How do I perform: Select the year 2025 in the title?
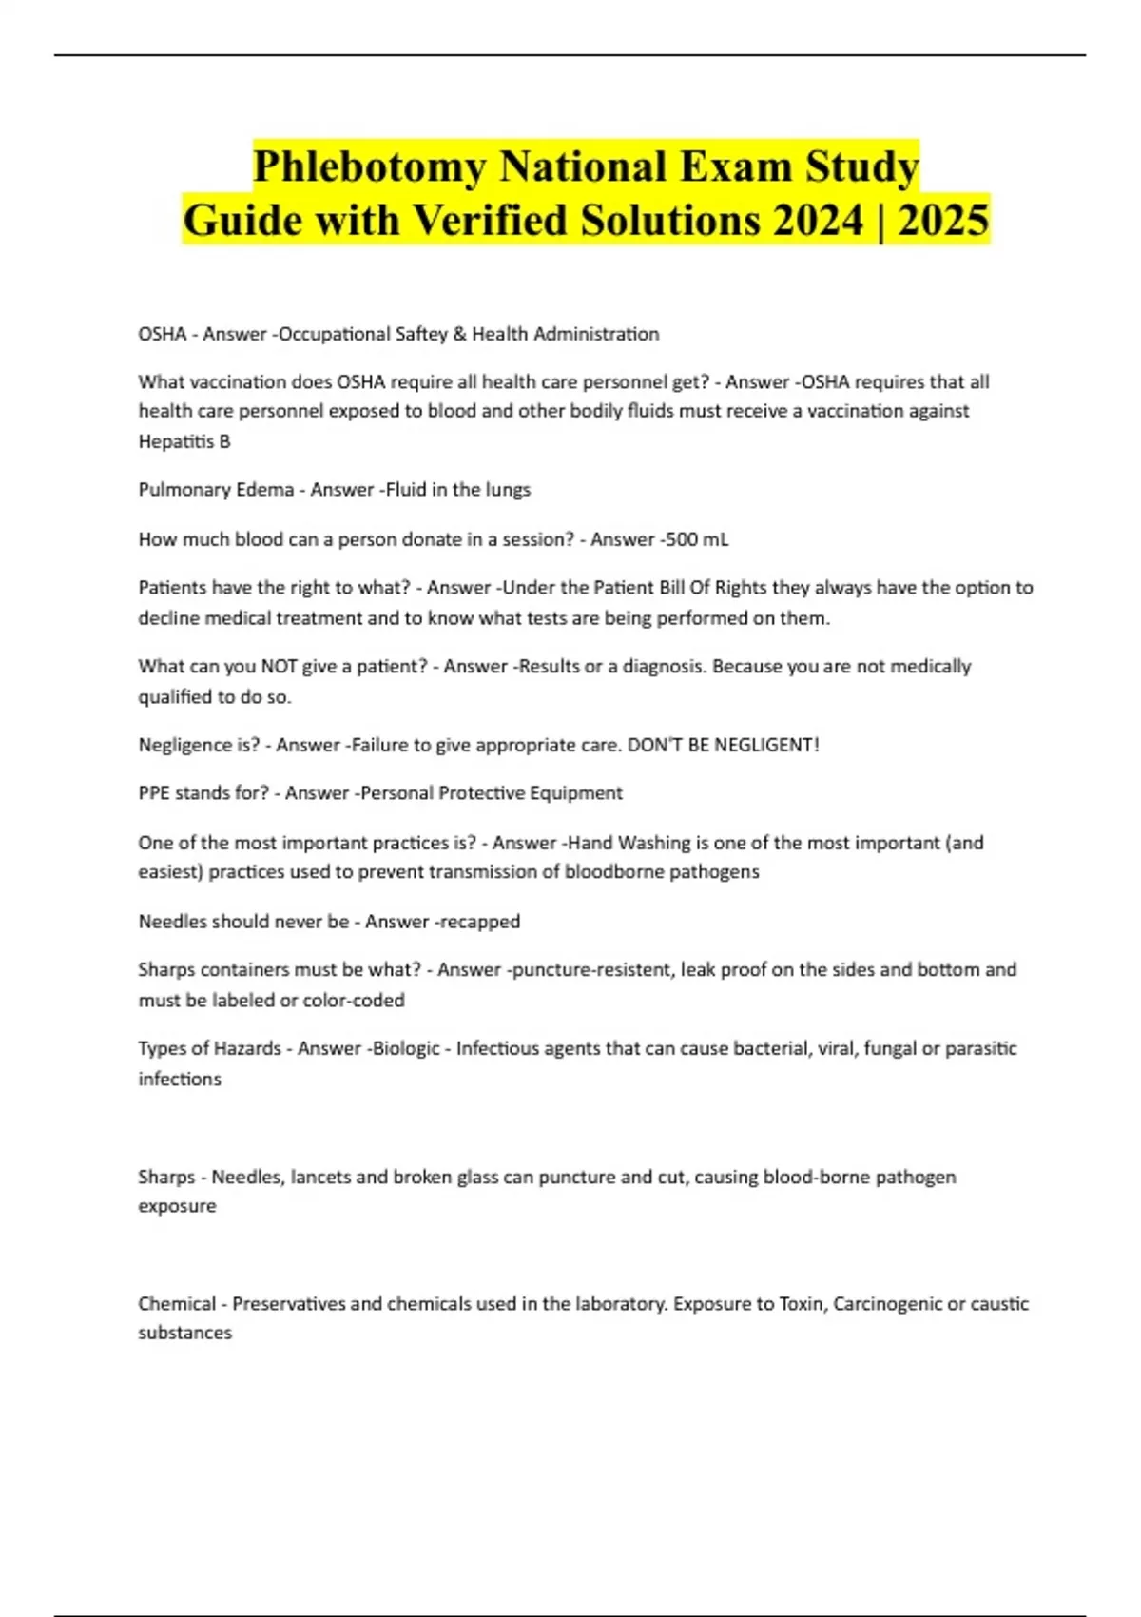coord(943,221)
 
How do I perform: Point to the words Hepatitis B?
coord(184,441)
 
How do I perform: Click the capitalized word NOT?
coord(279,666)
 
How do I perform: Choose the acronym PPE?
coord(154,793)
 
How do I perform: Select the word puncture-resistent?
coord(590,970)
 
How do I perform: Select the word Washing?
coord(654,843)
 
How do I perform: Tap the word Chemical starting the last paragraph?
coord(177,1303)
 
